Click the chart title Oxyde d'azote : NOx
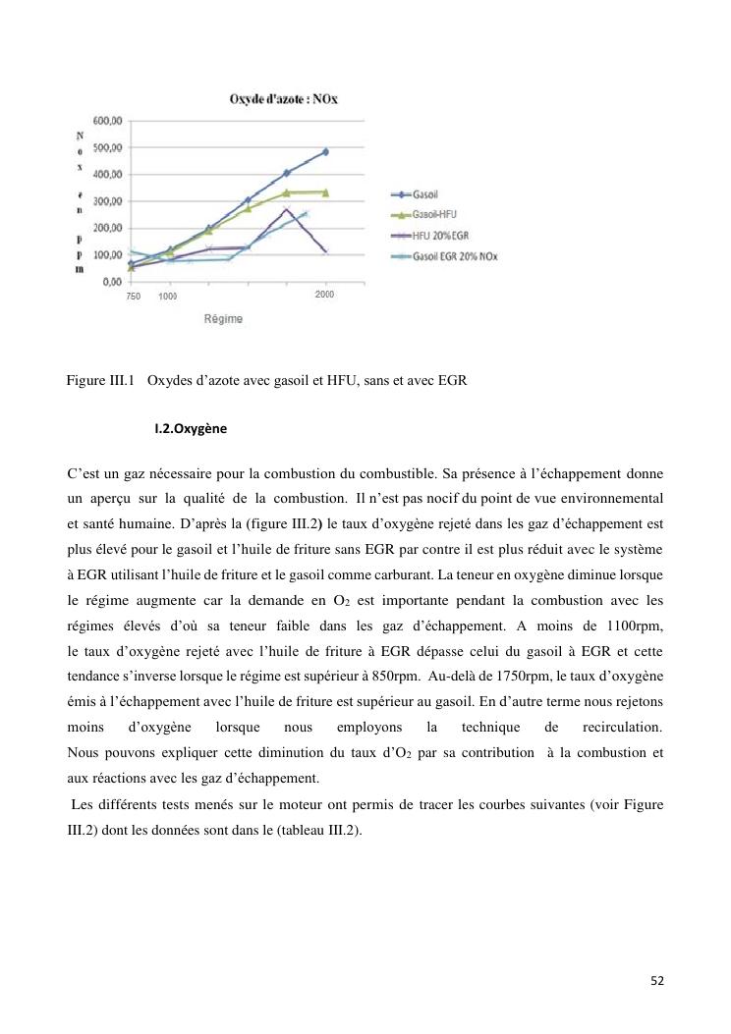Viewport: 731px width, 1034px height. point(283,99)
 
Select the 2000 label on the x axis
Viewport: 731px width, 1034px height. point(325,295)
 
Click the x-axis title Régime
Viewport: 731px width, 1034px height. point(223,319)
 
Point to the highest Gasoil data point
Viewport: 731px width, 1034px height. point(325,152)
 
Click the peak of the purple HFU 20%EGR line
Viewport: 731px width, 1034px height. point(286,209)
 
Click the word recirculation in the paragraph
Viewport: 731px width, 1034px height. point(622,729)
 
